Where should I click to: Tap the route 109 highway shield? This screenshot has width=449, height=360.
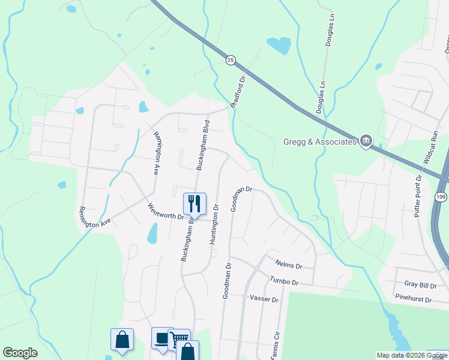(441, 197)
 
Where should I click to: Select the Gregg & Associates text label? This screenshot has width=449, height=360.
(319, 142)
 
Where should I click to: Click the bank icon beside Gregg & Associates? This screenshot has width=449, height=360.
(366, 141)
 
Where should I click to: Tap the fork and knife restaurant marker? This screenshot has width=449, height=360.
(194, 203)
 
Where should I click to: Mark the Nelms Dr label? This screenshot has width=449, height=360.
(289, 264)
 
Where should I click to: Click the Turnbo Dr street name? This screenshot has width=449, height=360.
(283, 281)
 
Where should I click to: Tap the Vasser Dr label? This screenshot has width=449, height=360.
(264, 298)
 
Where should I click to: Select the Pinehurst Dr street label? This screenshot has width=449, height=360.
(414, 298)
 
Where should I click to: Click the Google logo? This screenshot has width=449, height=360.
(20, 353)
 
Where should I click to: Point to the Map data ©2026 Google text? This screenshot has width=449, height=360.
(412, 355)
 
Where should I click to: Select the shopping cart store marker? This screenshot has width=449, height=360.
(179, 339)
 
